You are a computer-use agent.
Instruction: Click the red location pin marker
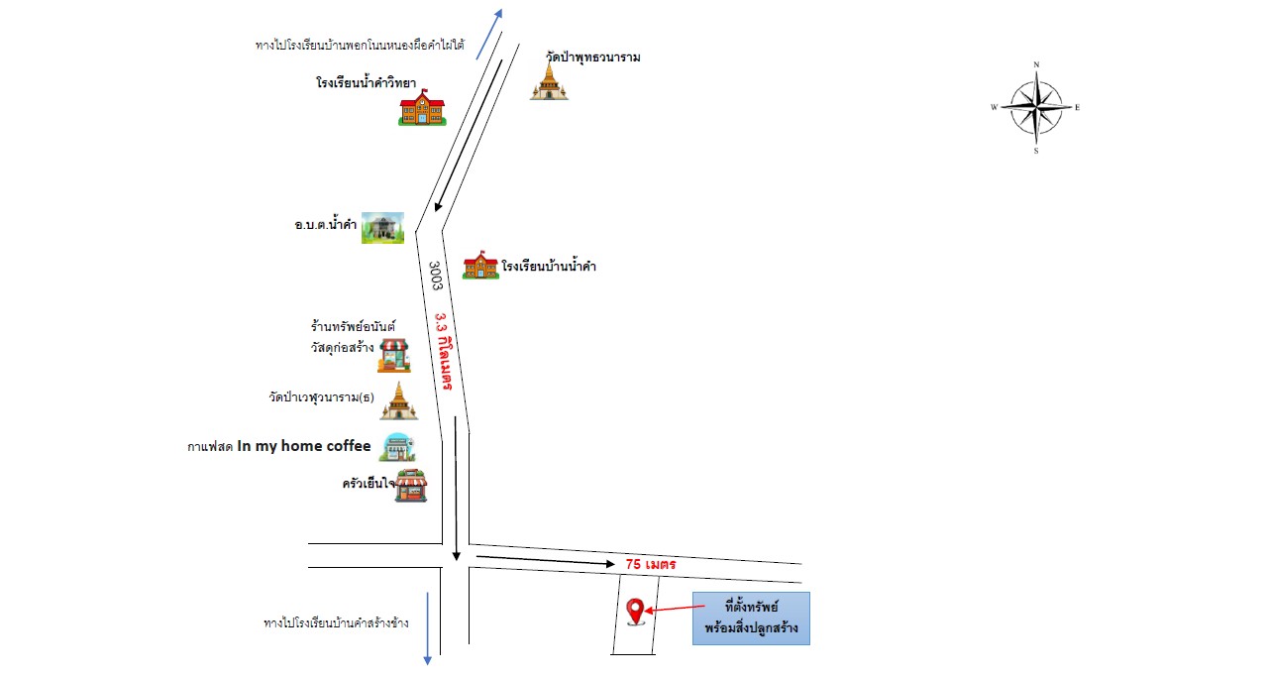coord(635,611)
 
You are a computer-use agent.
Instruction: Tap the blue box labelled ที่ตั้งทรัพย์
coord(751,619)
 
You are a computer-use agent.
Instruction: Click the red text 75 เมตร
coord(651,564)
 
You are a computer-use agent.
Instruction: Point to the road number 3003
coord(435,276)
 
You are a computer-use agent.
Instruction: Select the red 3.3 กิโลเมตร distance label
coord(444,351)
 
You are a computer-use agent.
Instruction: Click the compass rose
coord(1036,107)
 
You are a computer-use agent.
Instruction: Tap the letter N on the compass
coord(1036,64)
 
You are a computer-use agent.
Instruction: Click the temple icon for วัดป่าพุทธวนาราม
coord(549,81)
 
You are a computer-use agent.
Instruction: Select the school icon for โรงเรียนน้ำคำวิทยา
coord(422,107)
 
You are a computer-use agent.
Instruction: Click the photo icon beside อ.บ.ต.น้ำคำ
coord(382,228)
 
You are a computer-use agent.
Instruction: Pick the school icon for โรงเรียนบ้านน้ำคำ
coord(480,266)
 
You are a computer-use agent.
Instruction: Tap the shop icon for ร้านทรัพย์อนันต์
coord(394,355)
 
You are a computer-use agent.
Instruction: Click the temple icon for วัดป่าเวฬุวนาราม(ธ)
coord(398,401)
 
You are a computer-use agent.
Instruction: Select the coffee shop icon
coord(398,447)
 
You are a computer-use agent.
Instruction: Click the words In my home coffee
coord(304,446)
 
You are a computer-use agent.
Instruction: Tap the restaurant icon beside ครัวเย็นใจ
coord(411,486)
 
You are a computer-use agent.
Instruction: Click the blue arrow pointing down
coord(428,628)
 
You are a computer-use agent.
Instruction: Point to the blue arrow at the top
coord(489,34)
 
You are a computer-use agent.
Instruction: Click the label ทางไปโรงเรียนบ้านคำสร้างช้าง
coord(336,622)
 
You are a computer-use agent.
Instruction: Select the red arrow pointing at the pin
coord(675,609)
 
